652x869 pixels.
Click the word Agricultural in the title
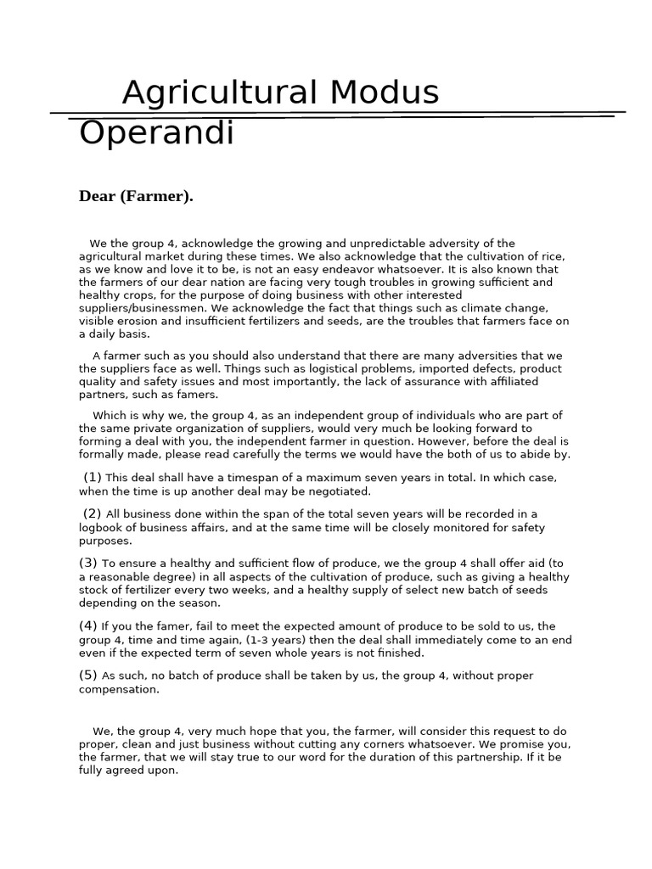click(218, 92)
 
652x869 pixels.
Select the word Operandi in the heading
click(156, 134)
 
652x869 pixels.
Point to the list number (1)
click(93, 477)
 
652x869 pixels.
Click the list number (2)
click(93, 513)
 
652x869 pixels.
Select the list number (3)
click(89, 563)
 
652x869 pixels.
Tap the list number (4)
click(89, 626)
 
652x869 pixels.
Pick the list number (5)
click(89, 676)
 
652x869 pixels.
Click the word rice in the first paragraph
click(553, 256)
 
